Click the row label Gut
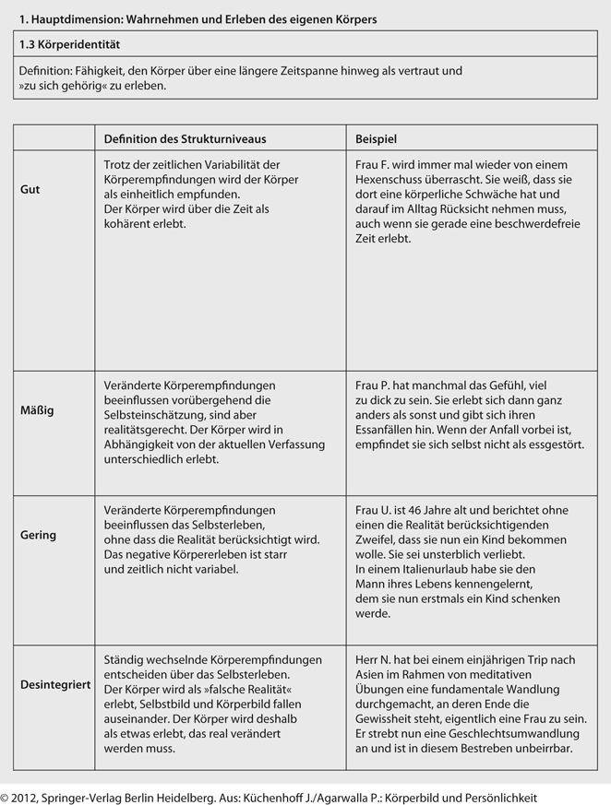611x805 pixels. point(30,189)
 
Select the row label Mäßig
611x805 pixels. point(37,409)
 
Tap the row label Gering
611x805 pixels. point(39,535)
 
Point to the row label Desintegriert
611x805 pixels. point(54,685)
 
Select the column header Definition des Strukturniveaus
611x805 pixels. point(185,138)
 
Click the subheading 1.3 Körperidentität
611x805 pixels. point(69,44)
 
